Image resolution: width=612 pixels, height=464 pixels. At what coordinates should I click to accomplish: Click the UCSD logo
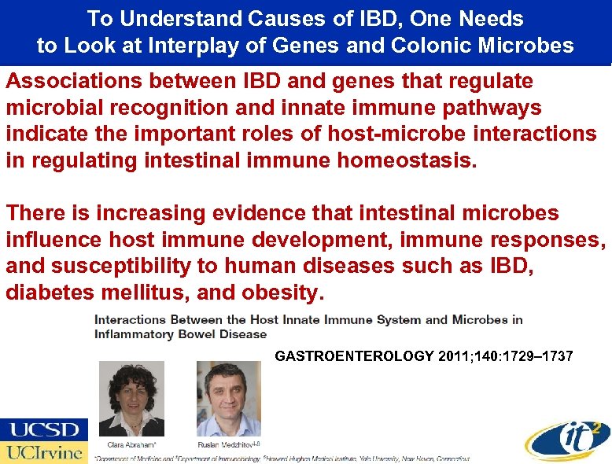click(44, 429)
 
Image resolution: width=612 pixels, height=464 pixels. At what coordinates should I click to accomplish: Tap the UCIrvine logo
click(44, 452)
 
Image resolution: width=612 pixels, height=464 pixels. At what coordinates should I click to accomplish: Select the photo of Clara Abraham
click(132, 397)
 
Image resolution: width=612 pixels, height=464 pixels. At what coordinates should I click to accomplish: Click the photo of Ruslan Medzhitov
click(228, 397)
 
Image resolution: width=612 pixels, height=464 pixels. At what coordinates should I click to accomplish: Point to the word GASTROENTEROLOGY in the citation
click(354, 356)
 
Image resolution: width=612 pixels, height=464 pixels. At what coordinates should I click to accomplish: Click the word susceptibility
click(117, 267)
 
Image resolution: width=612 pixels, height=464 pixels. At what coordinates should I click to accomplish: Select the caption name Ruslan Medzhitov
click(225, 444)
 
